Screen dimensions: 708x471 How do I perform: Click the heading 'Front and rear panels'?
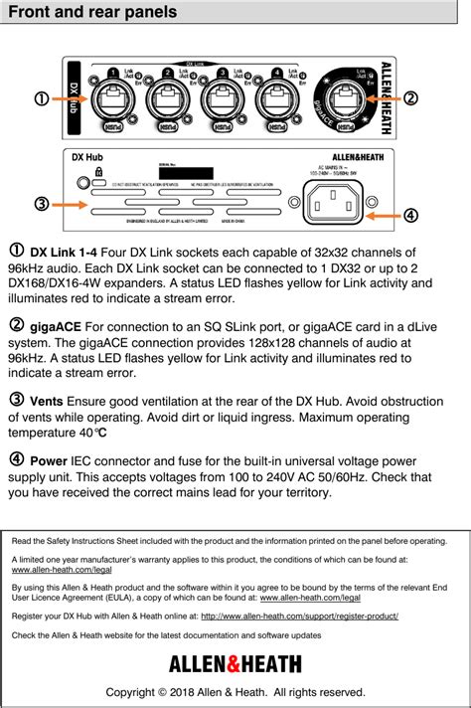pyautogui.click(x=92, y=13)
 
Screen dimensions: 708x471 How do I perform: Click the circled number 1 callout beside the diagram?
pyautogui.click(x=41, y=97)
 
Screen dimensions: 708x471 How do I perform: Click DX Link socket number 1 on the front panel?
pyautogui.click(x=112, y=100)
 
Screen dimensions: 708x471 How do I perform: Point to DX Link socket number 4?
pyautogui.click(x=275, y=100)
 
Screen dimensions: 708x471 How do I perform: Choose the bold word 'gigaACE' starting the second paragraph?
pyautogui.click(x=57, y=326)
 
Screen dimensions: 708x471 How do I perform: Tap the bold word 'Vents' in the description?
pyautogui.click(x=49, y=401)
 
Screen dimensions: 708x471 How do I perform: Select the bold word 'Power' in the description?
pyautogui.click(x=50, y=460)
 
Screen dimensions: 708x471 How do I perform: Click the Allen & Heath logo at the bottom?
pyautogui.click(x=235, y=663)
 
